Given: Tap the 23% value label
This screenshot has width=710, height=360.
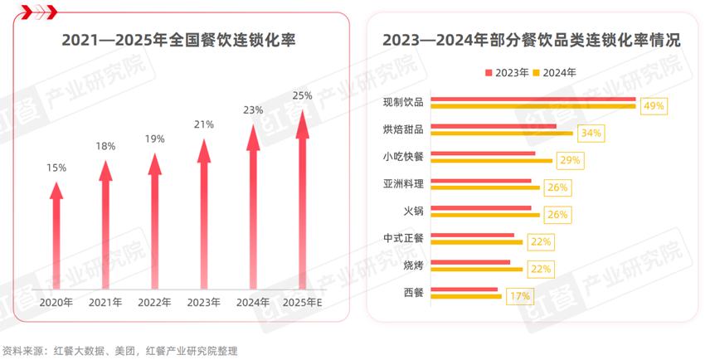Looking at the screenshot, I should [253, 109].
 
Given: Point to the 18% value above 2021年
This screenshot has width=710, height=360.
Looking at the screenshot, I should [105, 146].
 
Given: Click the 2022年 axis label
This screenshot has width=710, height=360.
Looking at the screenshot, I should [155, 302].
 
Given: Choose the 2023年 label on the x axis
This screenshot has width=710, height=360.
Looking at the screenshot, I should [204, 302].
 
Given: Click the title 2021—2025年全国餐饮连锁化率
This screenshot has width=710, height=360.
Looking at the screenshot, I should [179, 40].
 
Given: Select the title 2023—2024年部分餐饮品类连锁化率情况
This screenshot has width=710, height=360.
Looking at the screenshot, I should [531, 40].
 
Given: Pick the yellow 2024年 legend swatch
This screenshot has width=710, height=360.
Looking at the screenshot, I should [537, 72].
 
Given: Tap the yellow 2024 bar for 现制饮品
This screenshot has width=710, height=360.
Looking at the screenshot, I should [534, 106].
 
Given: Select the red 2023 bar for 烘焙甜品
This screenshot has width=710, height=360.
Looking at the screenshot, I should [494, 126].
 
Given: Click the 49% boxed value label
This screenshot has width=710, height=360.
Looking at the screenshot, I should [654, 106].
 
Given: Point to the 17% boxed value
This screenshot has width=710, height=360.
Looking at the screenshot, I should [520, 294].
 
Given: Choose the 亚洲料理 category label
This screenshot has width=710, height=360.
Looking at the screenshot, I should [403, 183].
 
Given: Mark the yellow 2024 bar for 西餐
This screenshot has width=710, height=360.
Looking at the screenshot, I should [467, 294].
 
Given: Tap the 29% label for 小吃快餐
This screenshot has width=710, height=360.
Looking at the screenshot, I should [570, 160].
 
